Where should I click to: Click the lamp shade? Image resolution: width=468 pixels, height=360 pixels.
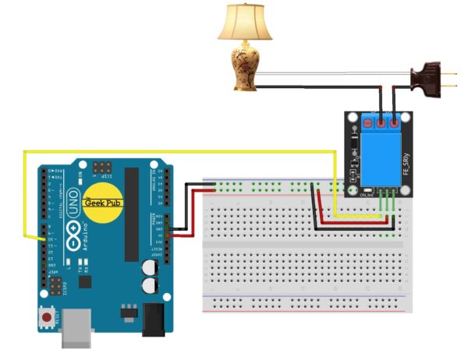pyautogui.click(x=245, y=23)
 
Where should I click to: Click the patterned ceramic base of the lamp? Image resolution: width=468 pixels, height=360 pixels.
pyautogui.click(x=245, y=65)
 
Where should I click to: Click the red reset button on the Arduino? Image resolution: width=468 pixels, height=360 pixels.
pyautogui.click(x=48, y=317)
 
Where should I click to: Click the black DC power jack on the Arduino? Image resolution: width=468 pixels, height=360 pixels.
pyautogui.click(x=151, y=319)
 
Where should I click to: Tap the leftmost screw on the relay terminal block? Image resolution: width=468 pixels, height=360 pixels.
pyautogui.click(x=367, y=121)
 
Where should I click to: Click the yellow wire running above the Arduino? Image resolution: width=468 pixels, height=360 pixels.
pyautogui.click(x=156, y=151)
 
